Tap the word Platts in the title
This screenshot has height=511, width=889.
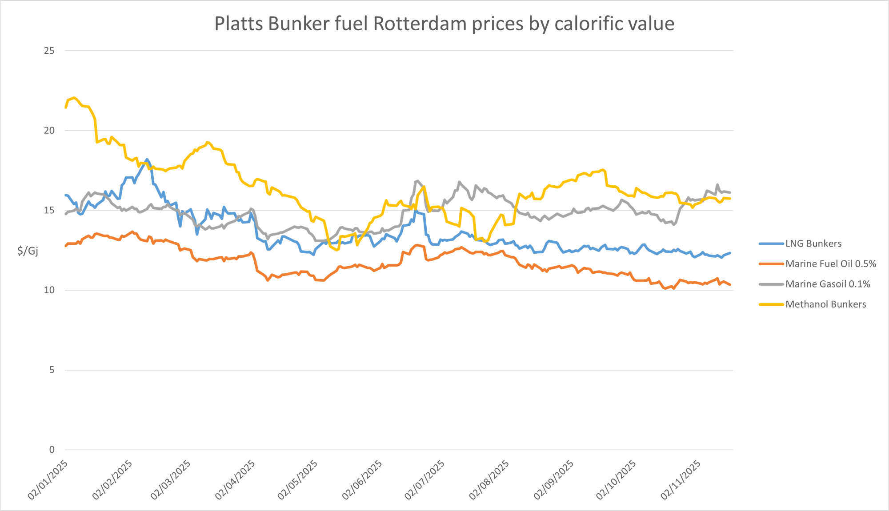(239, 24)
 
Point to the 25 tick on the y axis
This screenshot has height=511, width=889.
(49, 51)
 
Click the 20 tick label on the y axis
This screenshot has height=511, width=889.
(49, 131)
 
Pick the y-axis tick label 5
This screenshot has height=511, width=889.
(52, 370)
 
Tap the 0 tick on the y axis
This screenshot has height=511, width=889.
(52, 450)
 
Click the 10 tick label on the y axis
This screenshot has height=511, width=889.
(49, 290)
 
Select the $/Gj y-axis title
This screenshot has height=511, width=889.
(28, 251)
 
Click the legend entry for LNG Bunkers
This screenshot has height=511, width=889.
(813, 244)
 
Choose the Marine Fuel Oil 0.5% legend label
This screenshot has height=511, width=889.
(831, 264)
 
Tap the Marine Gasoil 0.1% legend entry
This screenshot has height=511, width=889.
(827, 284)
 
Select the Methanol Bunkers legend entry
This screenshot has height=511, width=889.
(825, 304)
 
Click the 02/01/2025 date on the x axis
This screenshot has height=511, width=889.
(48, 480)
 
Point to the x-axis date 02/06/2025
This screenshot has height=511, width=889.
(361, 480)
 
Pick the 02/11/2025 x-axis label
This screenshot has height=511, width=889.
(680, 480)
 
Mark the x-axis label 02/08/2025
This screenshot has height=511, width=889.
(489, 480)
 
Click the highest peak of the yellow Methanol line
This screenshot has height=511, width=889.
(74, 97)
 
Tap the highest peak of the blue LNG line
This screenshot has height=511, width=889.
(147, 159)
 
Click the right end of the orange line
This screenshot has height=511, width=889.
(730, 285)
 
